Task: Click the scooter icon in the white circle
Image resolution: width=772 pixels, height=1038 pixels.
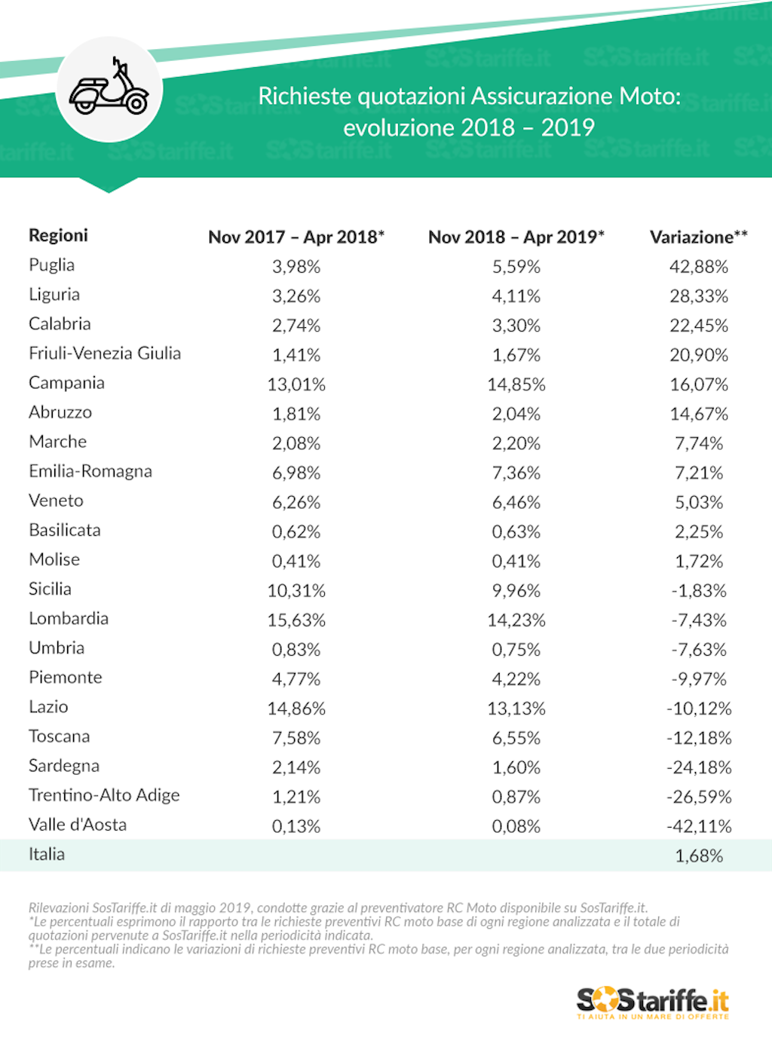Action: tap(109, 89)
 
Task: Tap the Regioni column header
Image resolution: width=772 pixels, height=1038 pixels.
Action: tap(58, 235)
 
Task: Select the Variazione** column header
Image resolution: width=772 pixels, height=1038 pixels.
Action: tap(698, 237)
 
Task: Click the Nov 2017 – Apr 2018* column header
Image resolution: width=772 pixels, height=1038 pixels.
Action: tap(296, 237)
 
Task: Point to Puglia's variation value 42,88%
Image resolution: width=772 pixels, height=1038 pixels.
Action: tap(699, 266)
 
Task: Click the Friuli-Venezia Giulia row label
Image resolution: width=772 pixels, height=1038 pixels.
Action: tap(105, 353)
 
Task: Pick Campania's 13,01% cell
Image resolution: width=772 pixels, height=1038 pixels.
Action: tap(296, 384)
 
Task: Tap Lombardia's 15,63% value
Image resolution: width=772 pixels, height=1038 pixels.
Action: tap(296, 620)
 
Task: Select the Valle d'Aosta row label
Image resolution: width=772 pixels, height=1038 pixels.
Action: tap(78, 825)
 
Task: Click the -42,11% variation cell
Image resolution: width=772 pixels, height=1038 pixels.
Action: tap(699, 826)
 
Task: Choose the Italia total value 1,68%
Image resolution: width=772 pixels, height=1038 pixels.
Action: tap(699, 856)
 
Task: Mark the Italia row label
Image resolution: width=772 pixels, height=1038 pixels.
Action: tap(47, 854)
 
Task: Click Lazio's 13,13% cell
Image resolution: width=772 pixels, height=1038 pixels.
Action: tap(516, 709)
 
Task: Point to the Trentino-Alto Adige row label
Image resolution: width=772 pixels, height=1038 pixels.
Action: tap(104, 795)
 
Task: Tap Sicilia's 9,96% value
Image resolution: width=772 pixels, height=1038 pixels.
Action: tap(516, 591)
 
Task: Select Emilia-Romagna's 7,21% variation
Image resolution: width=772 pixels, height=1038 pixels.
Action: tap(699, 473)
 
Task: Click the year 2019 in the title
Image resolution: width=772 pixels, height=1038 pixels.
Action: tap(568, 127)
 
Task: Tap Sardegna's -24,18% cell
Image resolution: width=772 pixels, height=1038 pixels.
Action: tap(699, 767)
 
